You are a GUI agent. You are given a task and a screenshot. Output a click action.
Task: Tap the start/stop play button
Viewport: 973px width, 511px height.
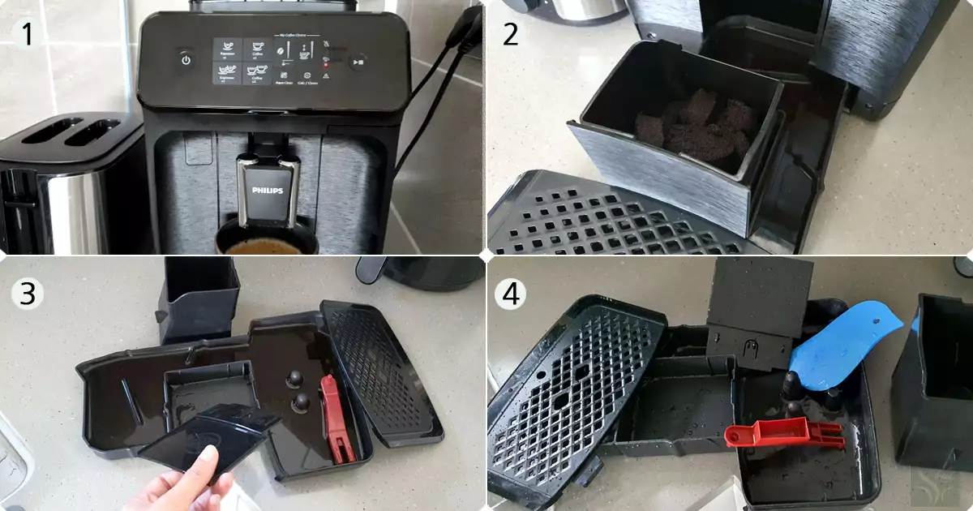(x=358, y=61)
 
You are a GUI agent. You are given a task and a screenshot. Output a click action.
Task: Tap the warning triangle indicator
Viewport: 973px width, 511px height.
(x=325, y=75)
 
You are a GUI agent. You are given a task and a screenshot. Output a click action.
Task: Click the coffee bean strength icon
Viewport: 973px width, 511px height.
(x=281, y=50)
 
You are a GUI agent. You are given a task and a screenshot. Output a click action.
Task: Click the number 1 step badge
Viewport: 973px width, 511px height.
(x=28, y=33)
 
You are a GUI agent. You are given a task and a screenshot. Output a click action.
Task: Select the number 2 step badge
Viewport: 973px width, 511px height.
(x=510, y=33)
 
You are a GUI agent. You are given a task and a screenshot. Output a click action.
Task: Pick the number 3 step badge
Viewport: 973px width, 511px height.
(x=28, y=294)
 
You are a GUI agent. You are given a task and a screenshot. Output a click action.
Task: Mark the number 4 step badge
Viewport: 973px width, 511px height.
(x=510, y=294)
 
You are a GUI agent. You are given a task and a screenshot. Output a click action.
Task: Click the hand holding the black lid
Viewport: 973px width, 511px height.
(x=182, y=483)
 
